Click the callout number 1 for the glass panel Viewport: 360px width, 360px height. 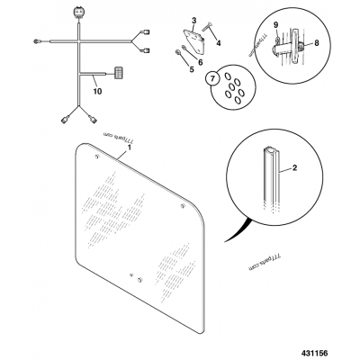[x=130, y=148]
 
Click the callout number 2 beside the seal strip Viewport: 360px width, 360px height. [x=294, y=167]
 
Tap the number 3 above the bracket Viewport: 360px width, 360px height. [x=194, y=21]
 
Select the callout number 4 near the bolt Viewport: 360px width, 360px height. [x=219, y=43]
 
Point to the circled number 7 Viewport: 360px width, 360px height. [x=212, y=79]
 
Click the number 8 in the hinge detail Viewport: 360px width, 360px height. [x=317, y=43]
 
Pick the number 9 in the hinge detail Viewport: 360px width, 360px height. [x=276, y=25]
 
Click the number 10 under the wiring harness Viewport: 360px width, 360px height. [x=97, y=91]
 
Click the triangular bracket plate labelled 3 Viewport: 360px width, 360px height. [x=194, y=41]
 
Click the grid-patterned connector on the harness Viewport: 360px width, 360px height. [x=119, y=73]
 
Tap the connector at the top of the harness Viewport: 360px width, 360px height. [x=78, y=14]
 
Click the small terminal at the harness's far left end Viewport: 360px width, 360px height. [x=36, y=41]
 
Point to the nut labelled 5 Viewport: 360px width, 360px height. [x=177, y=53]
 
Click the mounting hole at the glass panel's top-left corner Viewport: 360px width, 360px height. [x=96, y=157]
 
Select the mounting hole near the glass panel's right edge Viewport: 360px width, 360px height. [x=183, y=206]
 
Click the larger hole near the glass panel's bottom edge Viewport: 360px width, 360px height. [x=139, y=280]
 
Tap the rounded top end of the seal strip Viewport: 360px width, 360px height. [x=271, y=150]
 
